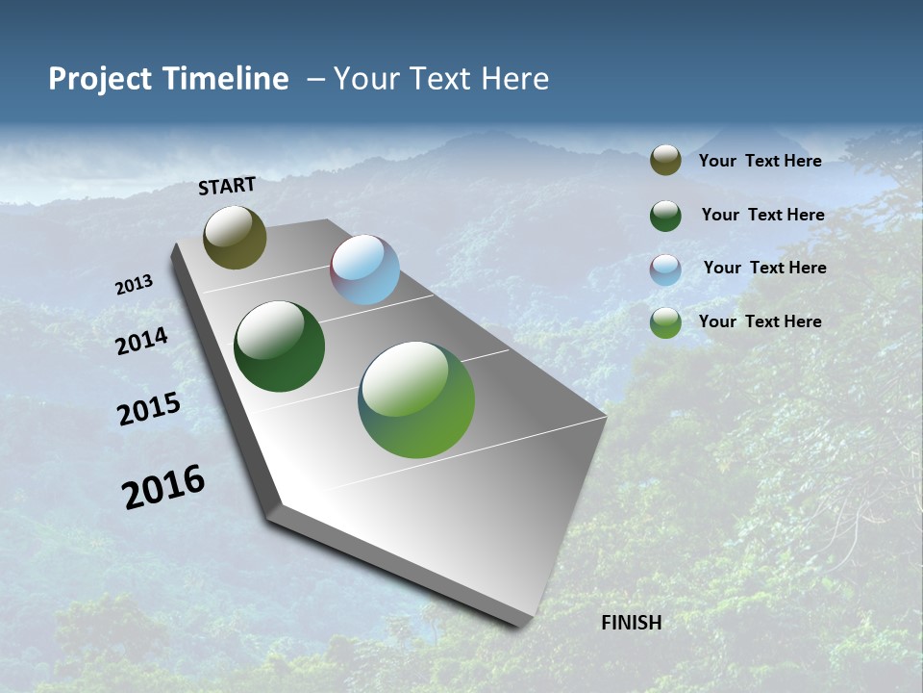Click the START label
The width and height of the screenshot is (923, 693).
(x=227, y=186)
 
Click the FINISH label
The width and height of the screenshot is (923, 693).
(x=631, y=623)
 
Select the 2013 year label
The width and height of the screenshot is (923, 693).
(x=134, y=285)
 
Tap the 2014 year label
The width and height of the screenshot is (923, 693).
(x=141, y=342)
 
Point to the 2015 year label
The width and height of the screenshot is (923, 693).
(x=149, y=409)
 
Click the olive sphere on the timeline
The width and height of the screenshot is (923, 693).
(x=235, y=238)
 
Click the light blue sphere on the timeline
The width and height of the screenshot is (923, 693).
(x=364, y=269)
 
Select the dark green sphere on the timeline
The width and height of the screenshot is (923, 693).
(x=279, y=346)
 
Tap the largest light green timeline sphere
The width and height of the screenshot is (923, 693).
(x=416, y=399)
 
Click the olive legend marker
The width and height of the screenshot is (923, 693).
(x=665, y=161)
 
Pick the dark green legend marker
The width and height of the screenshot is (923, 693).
(x=665, y=216)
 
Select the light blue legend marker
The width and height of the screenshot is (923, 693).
(x=665, y=269)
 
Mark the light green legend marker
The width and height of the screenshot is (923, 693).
(x=665, y=322)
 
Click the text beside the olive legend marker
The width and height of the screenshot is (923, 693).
(x=760, y=161)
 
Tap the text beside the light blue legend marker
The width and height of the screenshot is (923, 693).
(x=764, y=268)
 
